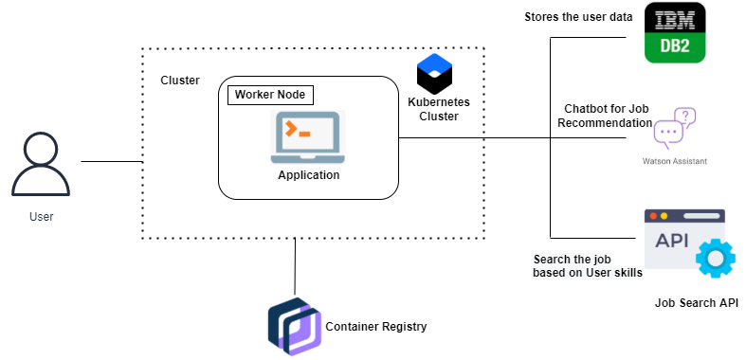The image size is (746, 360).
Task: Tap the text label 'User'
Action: point(41,217)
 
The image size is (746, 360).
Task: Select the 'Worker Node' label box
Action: point(270,95)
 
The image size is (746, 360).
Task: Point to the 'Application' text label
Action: point(308,175)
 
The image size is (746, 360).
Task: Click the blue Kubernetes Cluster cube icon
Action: point(436,73)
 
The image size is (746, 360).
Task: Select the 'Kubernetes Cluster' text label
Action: point(438,109)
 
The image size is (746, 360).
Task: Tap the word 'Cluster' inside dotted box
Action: point(180,81)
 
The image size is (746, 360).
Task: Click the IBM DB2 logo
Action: point(675,33)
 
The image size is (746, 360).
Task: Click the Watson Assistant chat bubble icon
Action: point(674,129)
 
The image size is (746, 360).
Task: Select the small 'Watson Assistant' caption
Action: point(674,161)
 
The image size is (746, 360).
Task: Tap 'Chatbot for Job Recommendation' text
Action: point(605,117)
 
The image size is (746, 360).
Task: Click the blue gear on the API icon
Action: point(715,259)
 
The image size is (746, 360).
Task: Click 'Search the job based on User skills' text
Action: point(588,266)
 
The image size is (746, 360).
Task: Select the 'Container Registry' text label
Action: point(376,327)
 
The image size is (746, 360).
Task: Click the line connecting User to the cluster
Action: point(111,162)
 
